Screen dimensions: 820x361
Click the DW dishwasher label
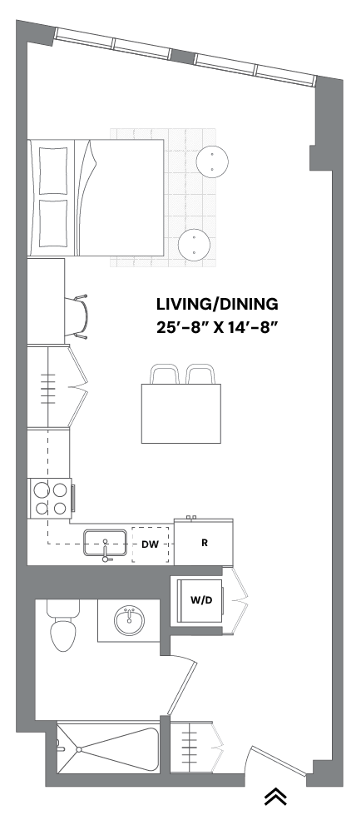coord(150,545)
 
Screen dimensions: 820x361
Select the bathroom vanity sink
coord(129,620)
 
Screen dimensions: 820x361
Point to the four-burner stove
coord(49,498)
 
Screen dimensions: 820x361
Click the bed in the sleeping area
coord(96,197)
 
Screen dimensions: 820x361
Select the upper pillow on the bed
coord(52,170)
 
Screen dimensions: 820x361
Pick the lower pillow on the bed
coord(52,224)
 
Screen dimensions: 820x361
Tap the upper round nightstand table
coord(212,161)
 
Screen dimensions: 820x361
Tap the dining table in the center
coord(180,413)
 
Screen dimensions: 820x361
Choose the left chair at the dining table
coord(164,375)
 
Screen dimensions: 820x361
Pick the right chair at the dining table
coord(200,375)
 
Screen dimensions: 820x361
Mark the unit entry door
coord(279,762)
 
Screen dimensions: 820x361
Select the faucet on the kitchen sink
coord(106,553)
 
